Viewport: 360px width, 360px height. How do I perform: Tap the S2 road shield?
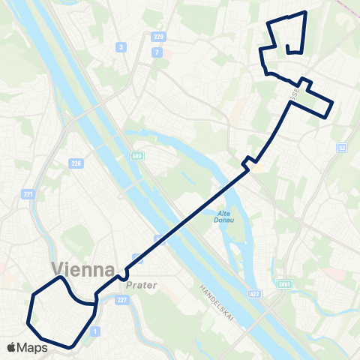341,147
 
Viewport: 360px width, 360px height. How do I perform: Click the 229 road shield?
157,37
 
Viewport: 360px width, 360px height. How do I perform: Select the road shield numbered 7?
156,52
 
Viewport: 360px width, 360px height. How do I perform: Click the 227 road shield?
121,300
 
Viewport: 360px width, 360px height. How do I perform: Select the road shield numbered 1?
94,331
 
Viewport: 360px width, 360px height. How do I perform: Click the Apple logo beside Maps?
12,347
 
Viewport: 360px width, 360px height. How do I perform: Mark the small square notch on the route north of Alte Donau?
248,160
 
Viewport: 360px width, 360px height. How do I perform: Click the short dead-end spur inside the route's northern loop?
289,48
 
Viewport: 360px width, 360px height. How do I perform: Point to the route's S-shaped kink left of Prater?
121,276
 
